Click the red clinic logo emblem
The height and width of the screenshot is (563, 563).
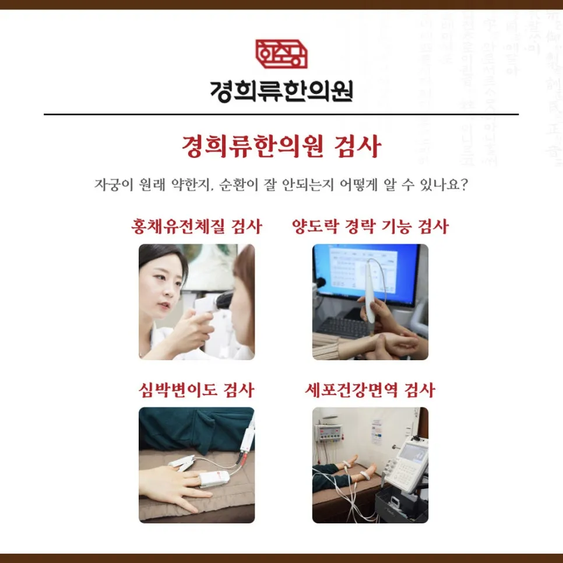pos(281,54)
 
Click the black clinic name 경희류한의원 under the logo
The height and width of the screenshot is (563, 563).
pos(281,90)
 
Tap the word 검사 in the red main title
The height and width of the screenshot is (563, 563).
pos(357,146)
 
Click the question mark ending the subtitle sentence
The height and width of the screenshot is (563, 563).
pos(465,185)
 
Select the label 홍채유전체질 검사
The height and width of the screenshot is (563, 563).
pos(196,226)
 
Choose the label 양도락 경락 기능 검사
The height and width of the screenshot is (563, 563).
pos(370,226)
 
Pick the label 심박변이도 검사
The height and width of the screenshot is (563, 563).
pos(196,390)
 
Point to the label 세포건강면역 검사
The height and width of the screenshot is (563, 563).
pos(370,390)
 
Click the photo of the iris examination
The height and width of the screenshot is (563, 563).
pos(196,301)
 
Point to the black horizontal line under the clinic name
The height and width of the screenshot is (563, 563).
pos(281,114)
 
